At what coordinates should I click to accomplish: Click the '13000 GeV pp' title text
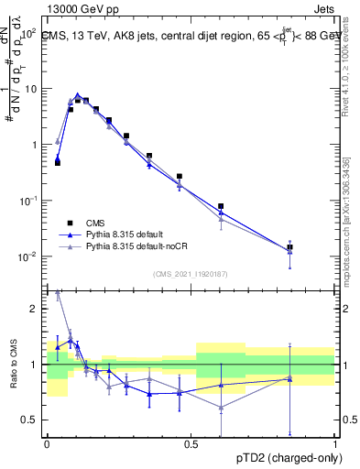pyautogui.click(x=81, y=7)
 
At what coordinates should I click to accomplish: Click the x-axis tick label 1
pyautogui.click(x=335, y=444)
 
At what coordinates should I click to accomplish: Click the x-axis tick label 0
pyautogui.click(x=47, y=444)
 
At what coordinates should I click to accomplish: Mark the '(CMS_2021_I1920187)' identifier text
pyautogui.click(x=191, y=273)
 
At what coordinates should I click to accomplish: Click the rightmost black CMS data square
pyautogui.click(x=290, y=247)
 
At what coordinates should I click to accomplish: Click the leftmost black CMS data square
pyautogui.click(x=58, y=162)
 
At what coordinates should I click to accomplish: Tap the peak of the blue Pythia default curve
pyautogui.click(x=78, y=94)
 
